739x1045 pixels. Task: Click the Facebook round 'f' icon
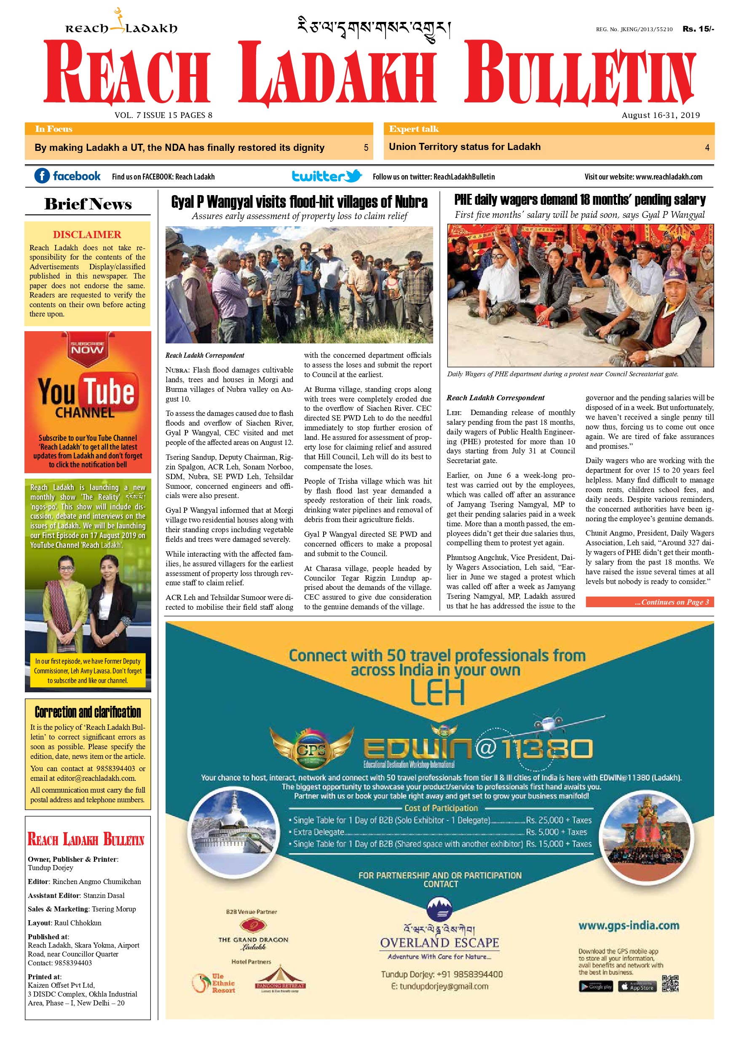[x=42, y=176]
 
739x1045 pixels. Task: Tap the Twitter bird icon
[x=353, y=175]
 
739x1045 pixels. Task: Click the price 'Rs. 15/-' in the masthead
[x=698, y=29]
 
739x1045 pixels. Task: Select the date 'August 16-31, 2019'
[x=660, y=115]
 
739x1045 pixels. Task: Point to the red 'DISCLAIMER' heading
[x=87, y=234]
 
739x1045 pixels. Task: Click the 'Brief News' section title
[x=88, y=204]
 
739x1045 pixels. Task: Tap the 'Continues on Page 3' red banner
[x=649, y=602]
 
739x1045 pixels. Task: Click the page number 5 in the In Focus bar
[x=366, y=147]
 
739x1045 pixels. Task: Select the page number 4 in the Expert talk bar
[x=707, y=147]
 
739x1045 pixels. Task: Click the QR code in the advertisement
[x=670, y=983]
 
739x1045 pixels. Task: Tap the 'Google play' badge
[x=596, y=986]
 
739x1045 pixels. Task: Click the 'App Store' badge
[x=637, y=986]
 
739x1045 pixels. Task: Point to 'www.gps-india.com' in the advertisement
[x=629, y=925]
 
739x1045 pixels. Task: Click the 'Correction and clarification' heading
[x=88, y=712]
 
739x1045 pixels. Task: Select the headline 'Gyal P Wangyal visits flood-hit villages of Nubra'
[x=299, y=202]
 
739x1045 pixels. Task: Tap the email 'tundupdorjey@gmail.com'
[x=439, y=986]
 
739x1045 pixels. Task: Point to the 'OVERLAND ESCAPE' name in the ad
[x=439, y=943]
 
